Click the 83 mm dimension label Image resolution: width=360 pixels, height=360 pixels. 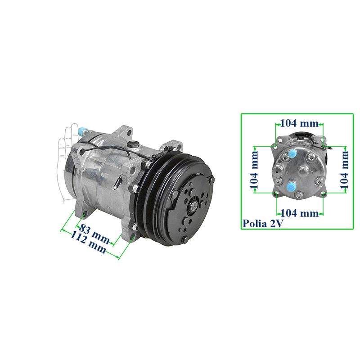click(94, 234)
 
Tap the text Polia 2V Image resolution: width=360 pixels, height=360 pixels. click(263, 223)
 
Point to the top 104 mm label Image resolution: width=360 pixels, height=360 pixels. click(299, 123)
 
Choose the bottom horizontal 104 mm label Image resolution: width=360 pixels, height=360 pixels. click(299, 213)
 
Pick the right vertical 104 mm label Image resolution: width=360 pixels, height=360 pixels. click(344, 170)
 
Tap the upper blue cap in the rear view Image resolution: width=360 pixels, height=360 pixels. click(292, 153)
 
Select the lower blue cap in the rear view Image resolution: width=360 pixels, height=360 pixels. click(291, 186)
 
